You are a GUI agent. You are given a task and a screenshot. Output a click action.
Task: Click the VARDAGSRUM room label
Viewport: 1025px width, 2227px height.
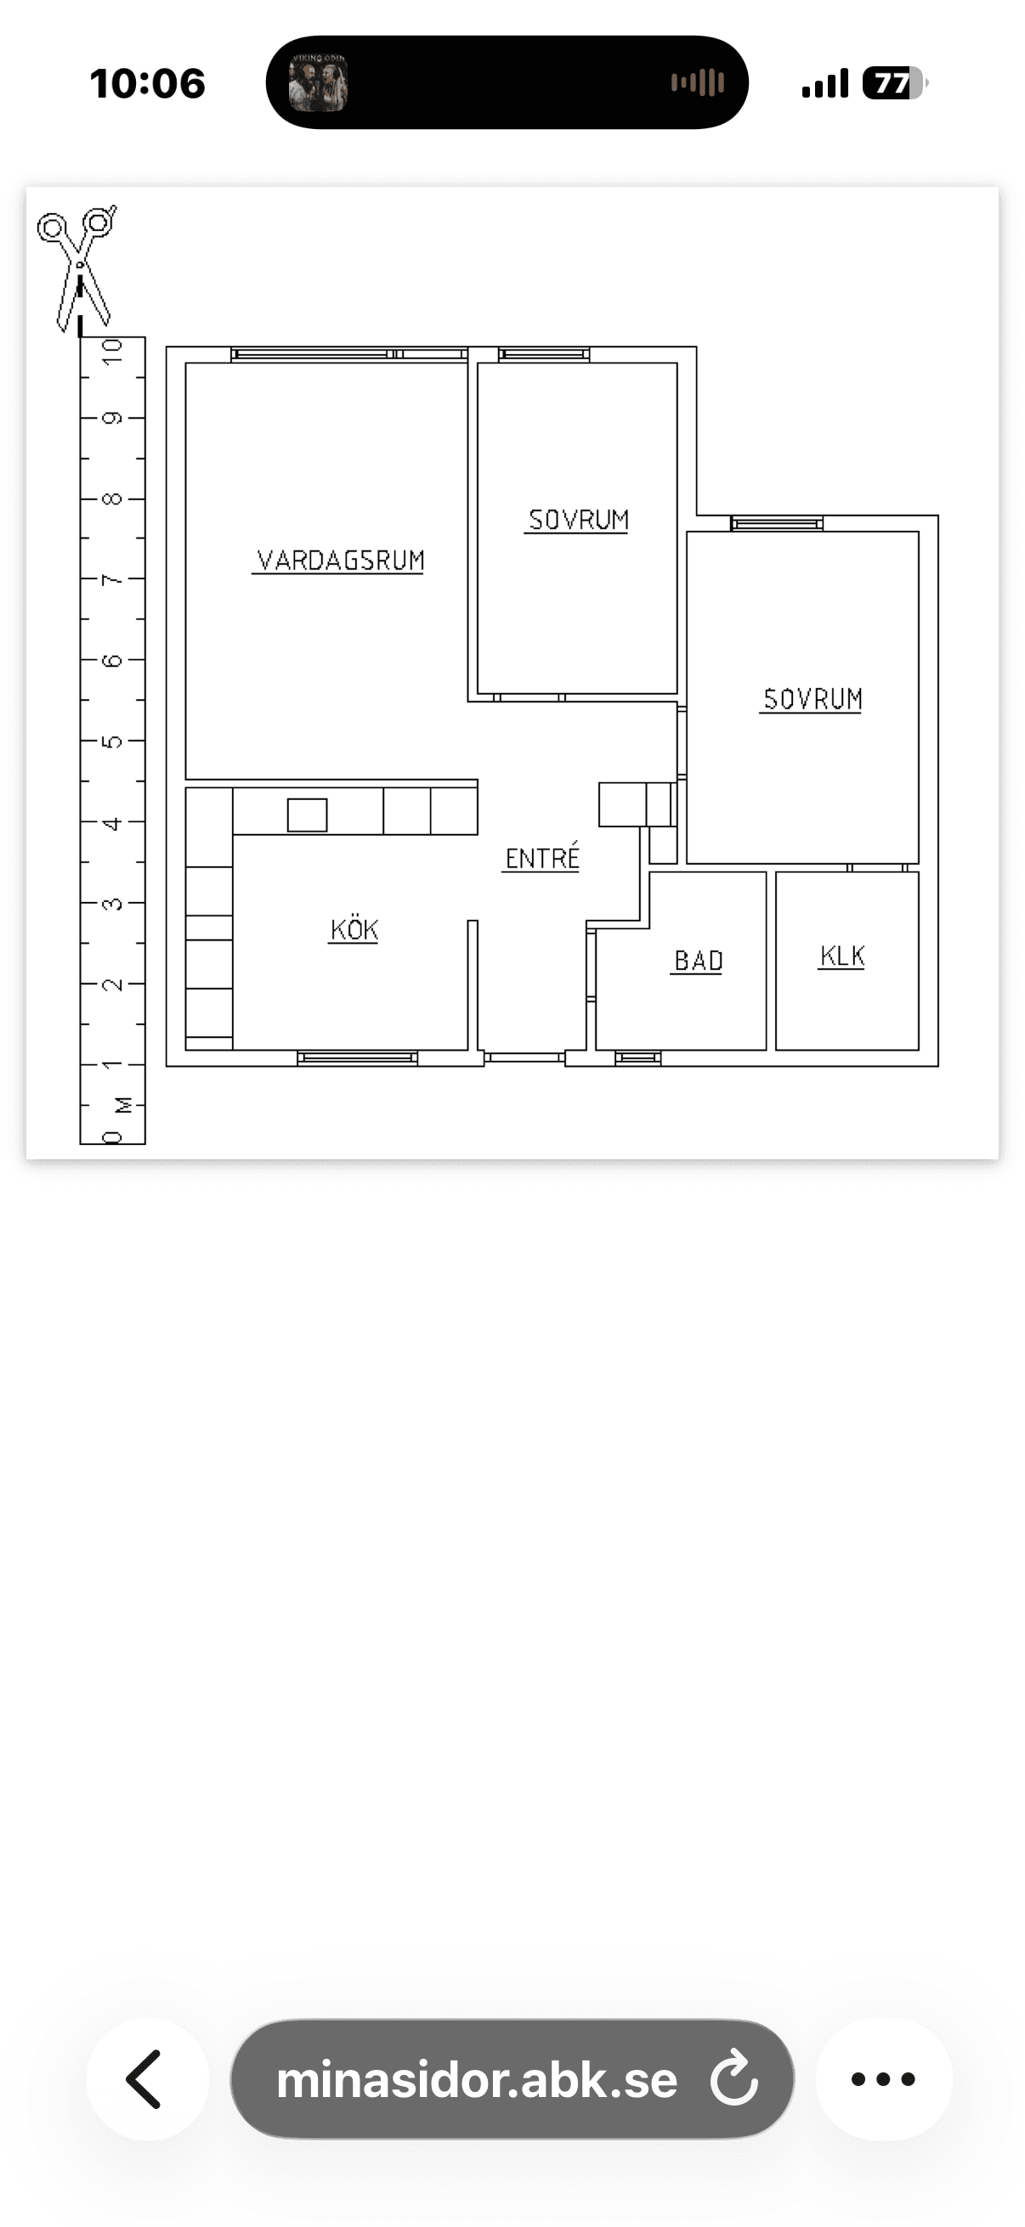(x=340, y=561)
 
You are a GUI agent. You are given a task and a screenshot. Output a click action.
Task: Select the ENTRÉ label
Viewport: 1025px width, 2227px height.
(x=541, y=857)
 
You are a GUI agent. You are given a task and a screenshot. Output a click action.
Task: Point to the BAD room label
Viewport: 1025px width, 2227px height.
(x=698, y=961)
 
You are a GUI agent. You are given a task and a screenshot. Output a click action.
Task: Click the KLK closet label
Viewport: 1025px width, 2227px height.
(x=841, y=956)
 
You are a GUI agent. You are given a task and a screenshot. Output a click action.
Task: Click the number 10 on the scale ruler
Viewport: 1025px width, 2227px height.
(x=112, y=352)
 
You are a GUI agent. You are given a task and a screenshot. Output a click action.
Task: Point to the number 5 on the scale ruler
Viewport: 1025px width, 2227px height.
(x=112, y=741)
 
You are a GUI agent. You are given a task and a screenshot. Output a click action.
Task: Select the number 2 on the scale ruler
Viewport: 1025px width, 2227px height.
(x=112, y=984)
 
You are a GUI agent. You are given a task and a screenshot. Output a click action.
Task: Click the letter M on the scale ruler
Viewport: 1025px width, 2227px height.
(x=124, y=1105)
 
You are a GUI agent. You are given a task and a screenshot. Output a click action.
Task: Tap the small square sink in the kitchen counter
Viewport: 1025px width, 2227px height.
(x=307, y=815)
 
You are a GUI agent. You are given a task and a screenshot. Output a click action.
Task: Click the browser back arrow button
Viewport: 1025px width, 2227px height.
(x=147, y=2078)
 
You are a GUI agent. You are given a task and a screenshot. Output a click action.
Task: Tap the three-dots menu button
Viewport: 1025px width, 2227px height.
(x=883, y=2078)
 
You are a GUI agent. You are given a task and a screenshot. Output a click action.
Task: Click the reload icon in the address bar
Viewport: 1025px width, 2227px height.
(x=733, y=2079)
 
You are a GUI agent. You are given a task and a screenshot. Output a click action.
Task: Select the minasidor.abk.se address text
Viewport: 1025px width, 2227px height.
(x=477, y=2080)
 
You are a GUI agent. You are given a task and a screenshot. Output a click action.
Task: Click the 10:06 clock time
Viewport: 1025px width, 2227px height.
(x=147, y=83)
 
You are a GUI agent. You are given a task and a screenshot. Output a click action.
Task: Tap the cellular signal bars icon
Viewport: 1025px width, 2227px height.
(x=825, y=84)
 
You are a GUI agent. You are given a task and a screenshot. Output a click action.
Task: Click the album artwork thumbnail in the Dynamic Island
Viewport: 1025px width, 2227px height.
(x=318, y=82)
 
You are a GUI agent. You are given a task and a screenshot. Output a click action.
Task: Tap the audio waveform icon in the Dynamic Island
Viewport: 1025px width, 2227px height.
(x=697, y=83)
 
